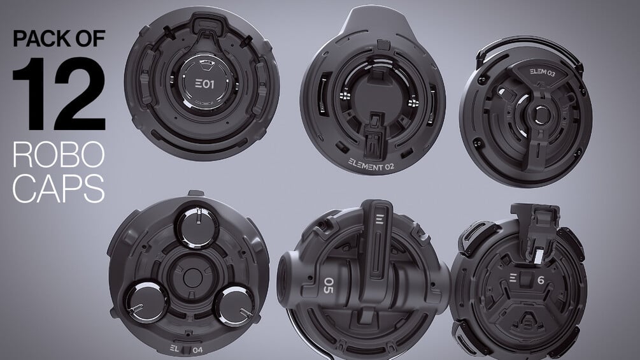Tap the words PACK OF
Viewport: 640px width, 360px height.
coord(59,38)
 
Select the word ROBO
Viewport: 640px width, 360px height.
coord(59,155)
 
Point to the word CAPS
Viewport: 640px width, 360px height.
coord(59,188)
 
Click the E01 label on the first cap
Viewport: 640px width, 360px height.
coord(204,85)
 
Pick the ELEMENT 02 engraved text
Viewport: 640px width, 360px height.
coord(371,165)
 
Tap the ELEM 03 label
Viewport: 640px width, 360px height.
coord(543,72)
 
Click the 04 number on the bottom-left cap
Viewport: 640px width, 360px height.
coord(197,350)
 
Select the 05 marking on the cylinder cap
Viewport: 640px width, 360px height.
coord(328,285)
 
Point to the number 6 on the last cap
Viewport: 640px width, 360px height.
coord(541,280)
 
